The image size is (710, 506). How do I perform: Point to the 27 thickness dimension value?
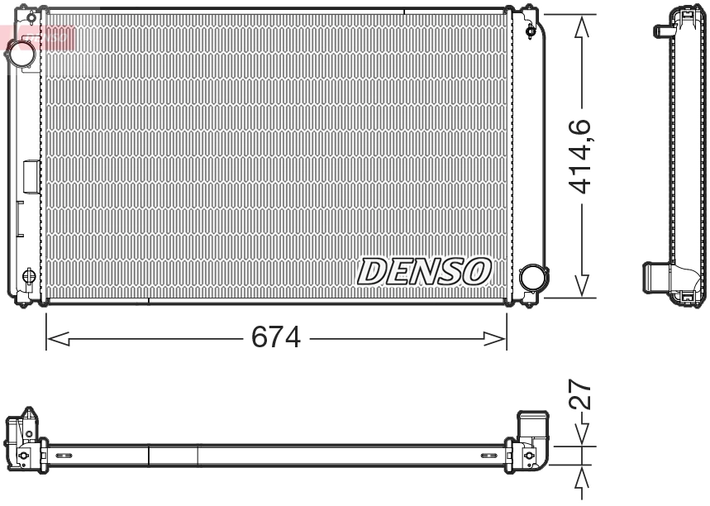pyautogui.click(x=582, y=395)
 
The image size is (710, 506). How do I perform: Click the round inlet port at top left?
pyautogui.click(x=21, y=54)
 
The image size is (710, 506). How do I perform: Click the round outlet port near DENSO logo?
pyautogui.click(x=532, y=278)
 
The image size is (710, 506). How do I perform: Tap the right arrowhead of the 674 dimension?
pyautogui.click(x=496, y=338)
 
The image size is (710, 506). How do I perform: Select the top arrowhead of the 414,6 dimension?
pyautogui.click(x=583, y=26)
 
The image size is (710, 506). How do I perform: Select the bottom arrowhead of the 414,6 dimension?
pyautogui.click(x=583, y=286)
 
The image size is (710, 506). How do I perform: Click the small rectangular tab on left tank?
pyautogui.click(x=31, y=177)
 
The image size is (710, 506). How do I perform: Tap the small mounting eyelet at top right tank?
pyautogui.click(x=530, y=31)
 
